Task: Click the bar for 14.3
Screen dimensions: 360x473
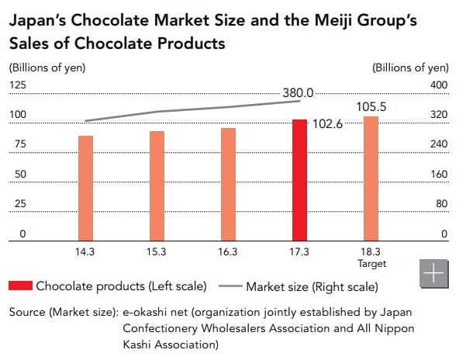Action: click(85, 188)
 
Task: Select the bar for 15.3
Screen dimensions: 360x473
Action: click(157, 185)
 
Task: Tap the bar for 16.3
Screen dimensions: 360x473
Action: click(228, 184)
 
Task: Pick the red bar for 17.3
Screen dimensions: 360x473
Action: click(299, 180)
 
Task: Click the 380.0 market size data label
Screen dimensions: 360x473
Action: click(298, 93)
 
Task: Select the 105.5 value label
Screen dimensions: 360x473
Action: click(371, 106)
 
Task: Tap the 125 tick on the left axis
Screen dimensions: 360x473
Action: click(17, 85)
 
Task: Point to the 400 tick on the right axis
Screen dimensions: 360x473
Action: click(439, 85)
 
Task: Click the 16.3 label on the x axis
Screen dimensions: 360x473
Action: click(228, 252)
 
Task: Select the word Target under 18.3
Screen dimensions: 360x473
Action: click(371, 264)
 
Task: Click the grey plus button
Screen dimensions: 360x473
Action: click(434, 275)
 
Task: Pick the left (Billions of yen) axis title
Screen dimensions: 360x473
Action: click(47, 67)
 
